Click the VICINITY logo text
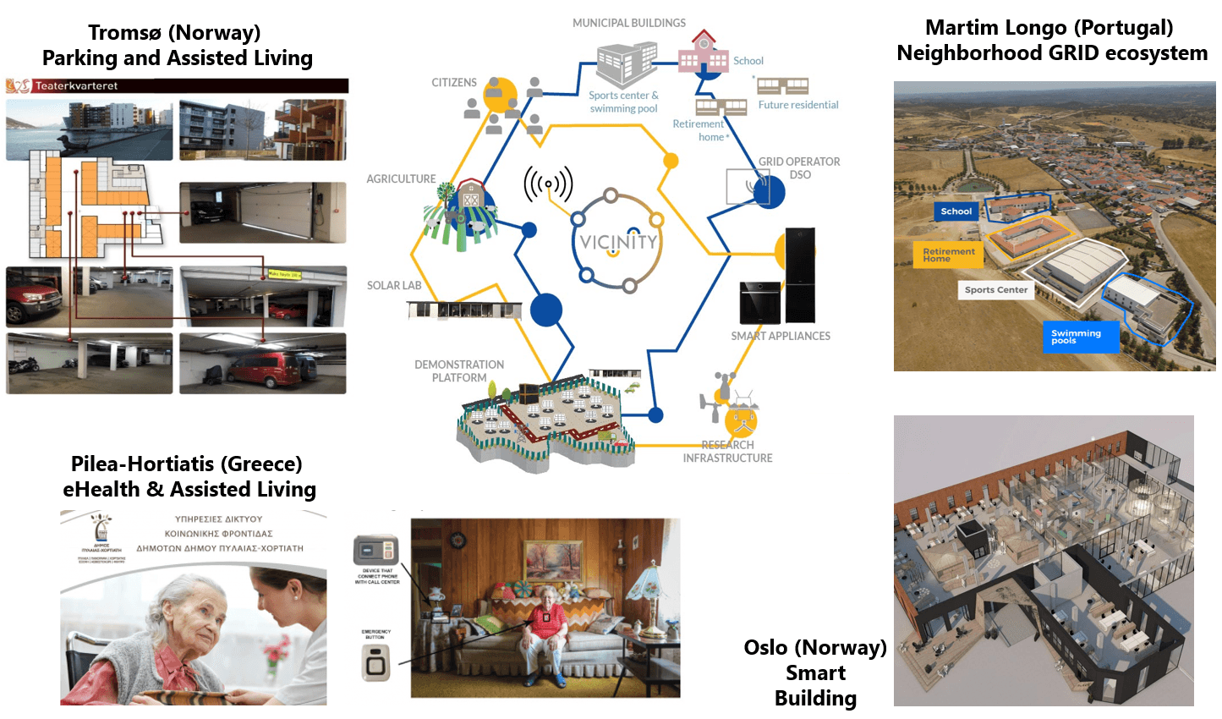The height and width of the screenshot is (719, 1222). pyautogui.click(x=617, y=243)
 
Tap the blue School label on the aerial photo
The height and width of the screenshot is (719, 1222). pyautogui.click(x=956, y=211)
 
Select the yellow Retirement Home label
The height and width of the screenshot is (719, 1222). pyautogui.click(x=948, y=255)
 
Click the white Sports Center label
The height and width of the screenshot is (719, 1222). pyautogui.click(x=995, y=289)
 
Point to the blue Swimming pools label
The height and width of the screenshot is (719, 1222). pyautogui.click(x=1080, y=336)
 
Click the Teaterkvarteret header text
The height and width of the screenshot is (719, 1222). pyautogui.click(x=76, y=85)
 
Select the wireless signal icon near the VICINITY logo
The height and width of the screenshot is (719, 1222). pyautogui.click(x=548, y=184)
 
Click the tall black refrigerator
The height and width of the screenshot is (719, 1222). pyautogui.click(x=800, y=275)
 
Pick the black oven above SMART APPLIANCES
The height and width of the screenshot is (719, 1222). pyautogui.click(x=759, y=303)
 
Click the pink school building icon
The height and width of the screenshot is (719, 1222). pyautogui.click(x=703, y=52)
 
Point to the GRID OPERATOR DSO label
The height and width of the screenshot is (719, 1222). pyautogui.click(x=799, y=167)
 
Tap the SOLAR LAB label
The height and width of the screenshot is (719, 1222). pyautogui.click(x=394, y=286)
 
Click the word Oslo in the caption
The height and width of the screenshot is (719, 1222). pyautogui.click(x=767, y=648)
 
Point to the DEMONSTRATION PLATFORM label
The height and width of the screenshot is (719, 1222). pyautogui.click(x=459, y=371)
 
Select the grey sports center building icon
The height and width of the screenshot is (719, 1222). pyautogui.click(x=627, y=64)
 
